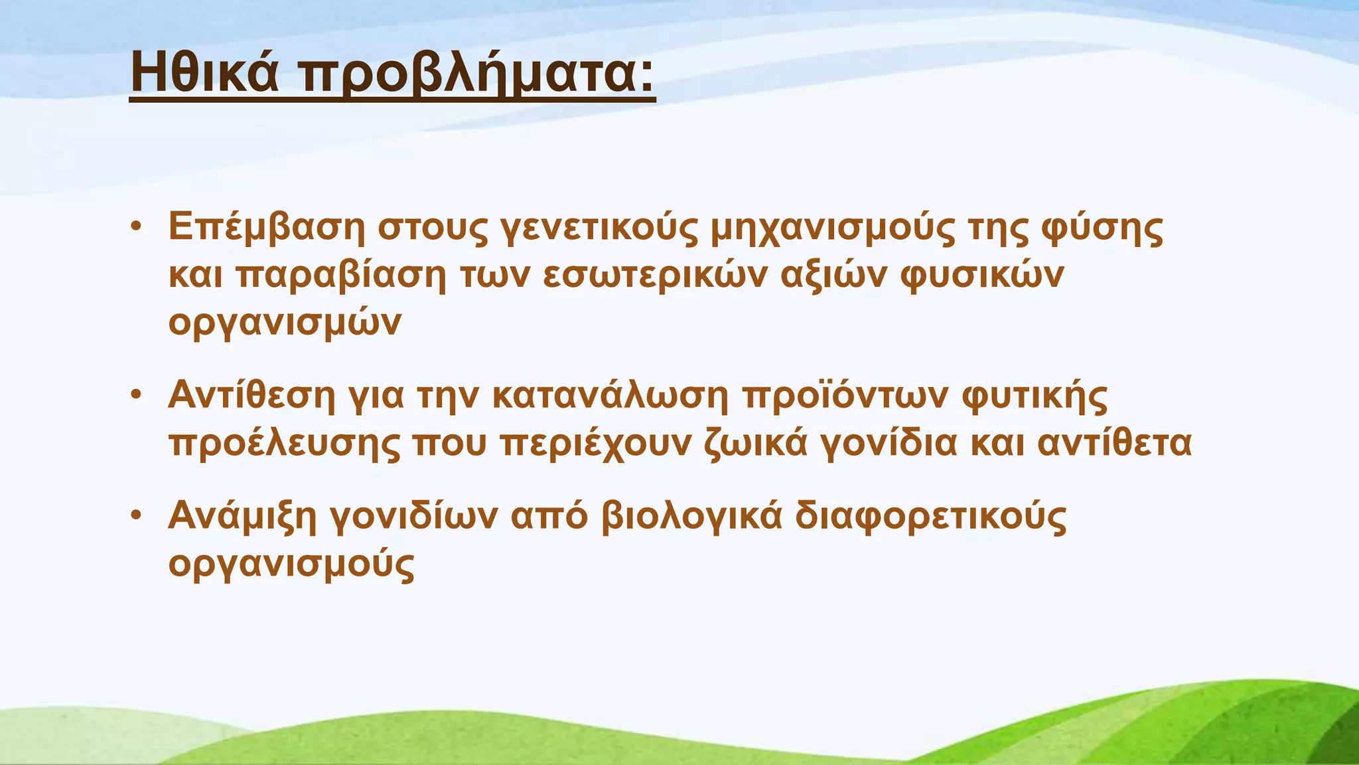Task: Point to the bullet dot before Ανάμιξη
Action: click(x=136, y=515)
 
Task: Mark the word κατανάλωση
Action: click(x=610, y=397)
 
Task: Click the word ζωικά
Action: click(x=756, y=444)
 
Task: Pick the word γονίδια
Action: click(x=889, y=444)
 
